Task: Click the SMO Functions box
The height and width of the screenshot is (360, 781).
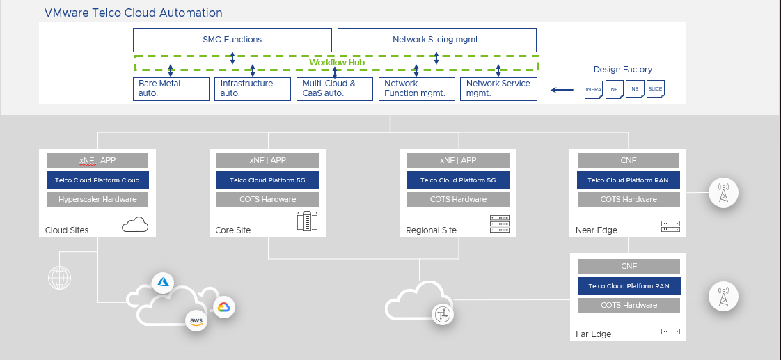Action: coord(232,40)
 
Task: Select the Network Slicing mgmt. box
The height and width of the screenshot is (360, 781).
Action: coord(436,40)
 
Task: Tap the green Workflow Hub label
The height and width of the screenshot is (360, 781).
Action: coord(337,63)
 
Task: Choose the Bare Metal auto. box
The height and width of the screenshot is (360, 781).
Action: coord(171,88)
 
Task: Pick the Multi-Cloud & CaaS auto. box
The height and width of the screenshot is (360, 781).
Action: coord(334,88)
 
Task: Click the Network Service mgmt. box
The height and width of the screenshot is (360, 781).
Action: coord(498,88)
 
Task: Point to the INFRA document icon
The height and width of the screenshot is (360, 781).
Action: coord(594,90)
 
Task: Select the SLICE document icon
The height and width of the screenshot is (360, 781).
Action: coord(655,90)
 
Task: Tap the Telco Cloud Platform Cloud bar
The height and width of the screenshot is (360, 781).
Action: coord(97,180)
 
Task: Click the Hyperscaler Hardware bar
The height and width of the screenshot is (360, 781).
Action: coord(97,200)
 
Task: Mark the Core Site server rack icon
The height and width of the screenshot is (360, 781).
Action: coord(307,222)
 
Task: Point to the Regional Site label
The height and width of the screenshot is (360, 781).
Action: coord(431,230)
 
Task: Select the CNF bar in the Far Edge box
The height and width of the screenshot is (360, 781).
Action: coord(629,266)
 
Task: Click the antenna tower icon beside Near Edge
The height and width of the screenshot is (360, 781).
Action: coord(724,192)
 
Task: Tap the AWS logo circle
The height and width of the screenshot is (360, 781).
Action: coord(196,321)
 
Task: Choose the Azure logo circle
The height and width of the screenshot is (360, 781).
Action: coord(164,282)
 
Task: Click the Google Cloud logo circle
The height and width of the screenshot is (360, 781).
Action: coord(223,307)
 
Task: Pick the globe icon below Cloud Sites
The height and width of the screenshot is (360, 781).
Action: coord(59,278)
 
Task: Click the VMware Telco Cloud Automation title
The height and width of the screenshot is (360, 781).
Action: coord(133,13)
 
